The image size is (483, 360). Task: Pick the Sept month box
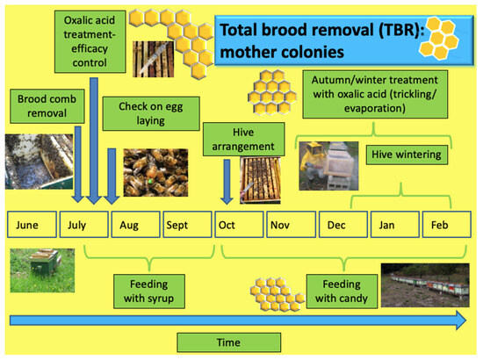tap(186, 225)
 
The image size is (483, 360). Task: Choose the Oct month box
tap(239, 225)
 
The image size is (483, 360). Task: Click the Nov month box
tap(291, 225)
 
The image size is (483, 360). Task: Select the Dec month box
tap(342, 225)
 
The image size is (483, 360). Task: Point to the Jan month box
tap(394, 225)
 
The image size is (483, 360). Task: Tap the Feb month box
tap(445, 225)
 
